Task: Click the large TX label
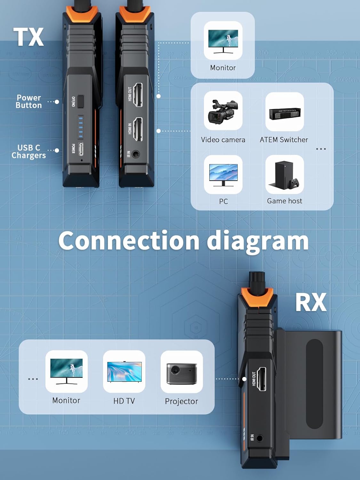[28, 37]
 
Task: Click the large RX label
[310, 302]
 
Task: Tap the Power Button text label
[29, 101]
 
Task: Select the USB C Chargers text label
[29, 151]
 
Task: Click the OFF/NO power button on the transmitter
[81, 101]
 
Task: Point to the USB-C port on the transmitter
[81, 149]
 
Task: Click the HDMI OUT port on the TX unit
[138, 95]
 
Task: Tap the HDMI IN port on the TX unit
[138, 129]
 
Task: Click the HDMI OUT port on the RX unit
[262, 379]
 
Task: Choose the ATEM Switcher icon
[284, 112]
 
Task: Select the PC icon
[223, 175]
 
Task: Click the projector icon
[181, 372]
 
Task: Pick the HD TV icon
[124, 372]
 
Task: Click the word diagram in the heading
[258, 241]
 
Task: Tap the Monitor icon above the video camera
[223, 41]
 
